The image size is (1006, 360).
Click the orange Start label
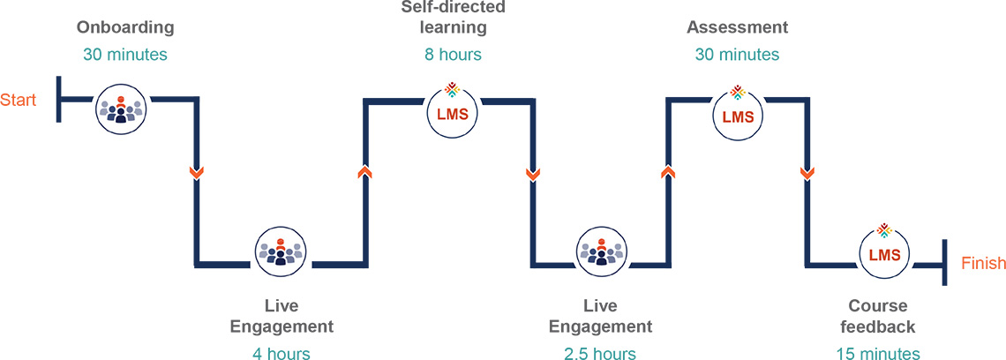pyautogui.click(x=18, y=100)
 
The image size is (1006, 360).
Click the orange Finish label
pyautogui.click(x=983, y=263)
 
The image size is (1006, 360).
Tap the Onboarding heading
pyautogui.click(x=124, y=27)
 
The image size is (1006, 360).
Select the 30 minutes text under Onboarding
pyautogui.click(x=124, y=55)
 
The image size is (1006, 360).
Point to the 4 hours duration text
pyautogui.click(x=281, y=354)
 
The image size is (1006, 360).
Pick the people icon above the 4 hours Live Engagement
pyautogui.click(x=281, y=251)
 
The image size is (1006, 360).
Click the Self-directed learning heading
pyautogui.click(x=453, y=18)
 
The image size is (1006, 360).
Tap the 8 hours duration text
pyautogui.click(x=453, y=55)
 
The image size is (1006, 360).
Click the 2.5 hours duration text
pyautogui.click(x=600, y=354)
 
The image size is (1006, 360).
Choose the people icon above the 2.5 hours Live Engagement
pyautogui.click(x=600, y=251)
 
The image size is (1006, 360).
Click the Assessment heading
pyautogui.click(x=737, y=27)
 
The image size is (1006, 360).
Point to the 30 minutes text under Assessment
pyautogui.click(x=737, y=55)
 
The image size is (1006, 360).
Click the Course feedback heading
pyautogui.click(x=878, y=317)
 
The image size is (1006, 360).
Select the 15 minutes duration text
pyautogui.click(x=878, y=354)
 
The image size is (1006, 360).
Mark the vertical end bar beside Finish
pyautogui.click(x=944, y=262)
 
